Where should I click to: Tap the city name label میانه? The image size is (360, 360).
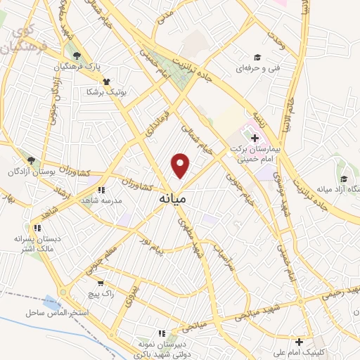coord(172,199)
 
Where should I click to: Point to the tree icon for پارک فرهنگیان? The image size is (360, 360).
coord(76,56)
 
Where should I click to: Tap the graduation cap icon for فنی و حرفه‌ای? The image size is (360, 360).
coord(257,57)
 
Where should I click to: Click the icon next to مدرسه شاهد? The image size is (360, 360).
coord(103,190)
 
